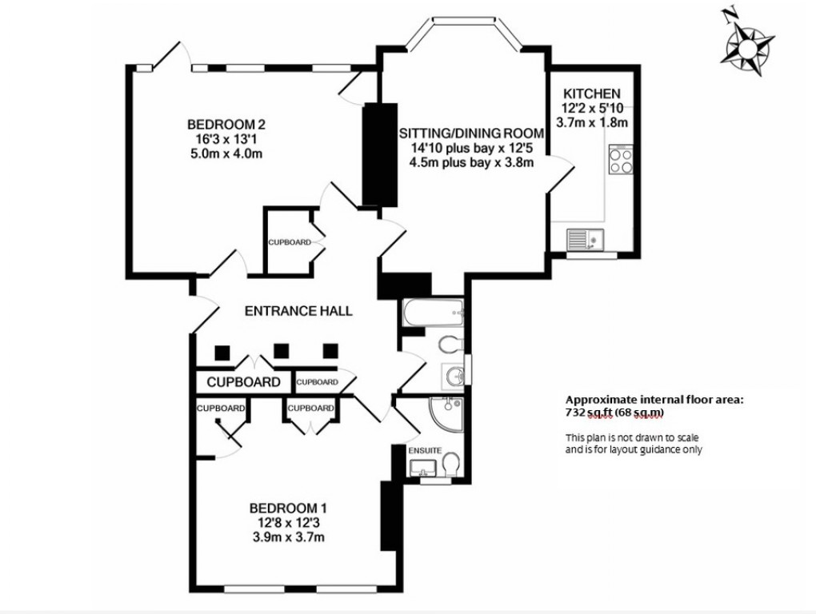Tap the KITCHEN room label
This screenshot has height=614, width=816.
[591, 92]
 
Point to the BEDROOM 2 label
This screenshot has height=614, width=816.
[226, 125]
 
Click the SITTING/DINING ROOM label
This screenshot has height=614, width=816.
[471, 133]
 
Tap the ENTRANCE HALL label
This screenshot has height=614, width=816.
[298, 311]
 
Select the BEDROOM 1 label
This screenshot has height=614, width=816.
[288, 507]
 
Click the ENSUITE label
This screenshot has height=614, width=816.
[425, 450]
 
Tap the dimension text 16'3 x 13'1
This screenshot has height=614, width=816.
[226, 139]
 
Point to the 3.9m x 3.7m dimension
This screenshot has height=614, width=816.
[288, 536]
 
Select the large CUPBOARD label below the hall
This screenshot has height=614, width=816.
[243, 382]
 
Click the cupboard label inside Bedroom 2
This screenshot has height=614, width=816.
[289, 241]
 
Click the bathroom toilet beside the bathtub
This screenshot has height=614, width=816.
[450, 344]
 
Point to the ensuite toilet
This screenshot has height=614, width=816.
[450, 464]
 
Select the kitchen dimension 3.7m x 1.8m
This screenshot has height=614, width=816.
[594, 122]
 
